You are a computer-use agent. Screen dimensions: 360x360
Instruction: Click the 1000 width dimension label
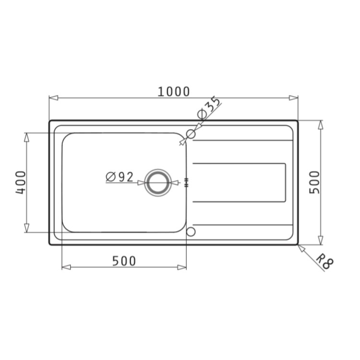tap(174, 91)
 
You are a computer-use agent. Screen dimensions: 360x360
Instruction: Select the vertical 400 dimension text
tap(20, 182)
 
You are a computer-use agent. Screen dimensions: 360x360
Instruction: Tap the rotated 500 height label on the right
tap(314, 182)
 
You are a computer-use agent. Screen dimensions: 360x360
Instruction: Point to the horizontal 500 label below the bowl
tap(124, 261)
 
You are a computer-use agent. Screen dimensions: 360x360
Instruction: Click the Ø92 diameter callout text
tap(120, 177)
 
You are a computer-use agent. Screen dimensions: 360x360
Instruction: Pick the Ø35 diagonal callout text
tap(209, 108)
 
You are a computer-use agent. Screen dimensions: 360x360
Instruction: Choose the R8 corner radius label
tap(325, 262)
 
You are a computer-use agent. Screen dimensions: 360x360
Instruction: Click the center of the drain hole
tap(157, 182)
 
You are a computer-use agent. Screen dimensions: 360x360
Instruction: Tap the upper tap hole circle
tap(191, 134)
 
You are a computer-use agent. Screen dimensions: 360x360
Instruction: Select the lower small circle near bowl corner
tap(191, 232)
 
